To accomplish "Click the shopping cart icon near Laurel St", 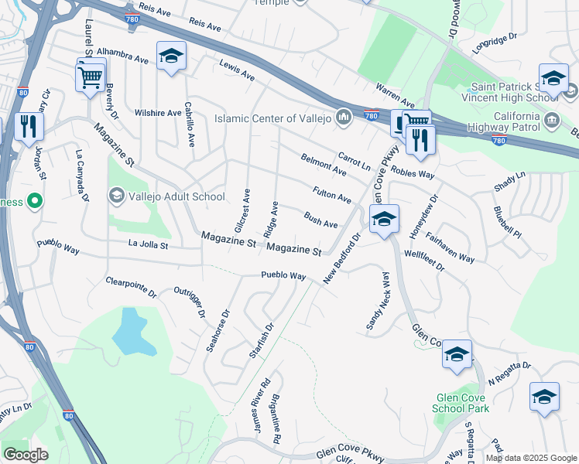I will click(x=90, y=76).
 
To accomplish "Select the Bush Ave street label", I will click(x=320, y=220).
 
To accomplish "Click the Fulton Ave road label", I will click(x=331, y=194).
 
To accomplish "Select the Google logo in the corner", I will click(x=25, y=455).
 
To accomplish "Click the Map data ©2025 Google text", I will click(x=531, y=458).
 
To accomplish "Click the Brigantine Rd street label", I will click(x=275, y=418).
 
